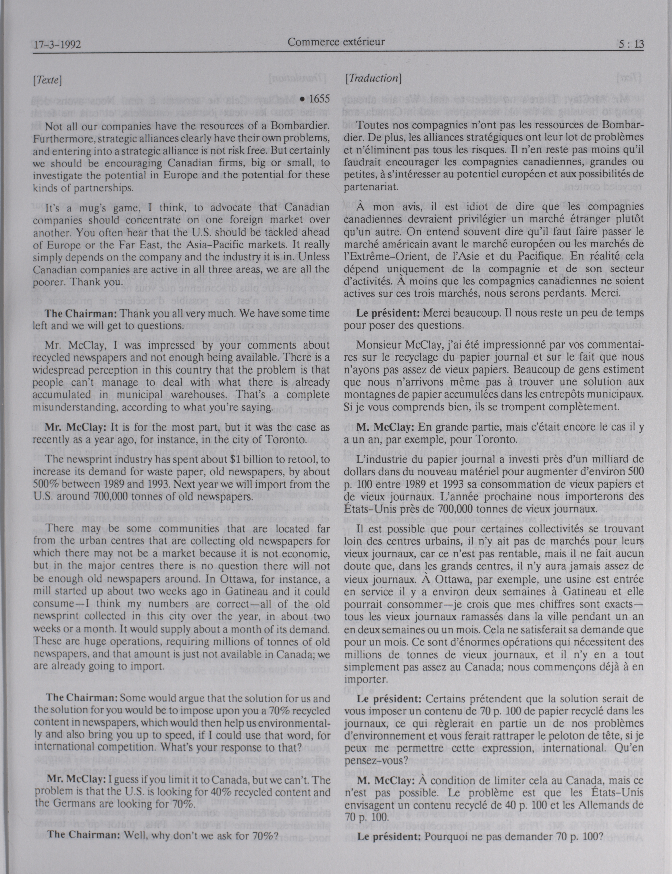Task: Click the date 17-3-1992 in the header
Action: (57, 44)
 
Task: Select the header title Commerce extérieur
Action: (336, 42)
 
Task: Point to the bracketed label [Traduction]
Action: (373, 79)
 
